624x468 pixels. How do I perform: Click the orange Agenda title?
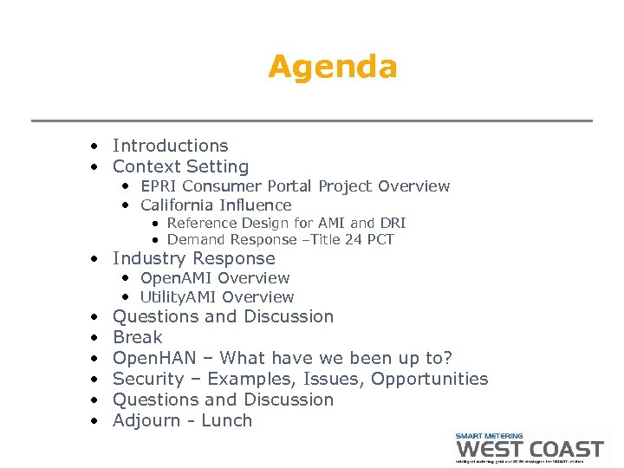pyautogui.click(x=332, y=67)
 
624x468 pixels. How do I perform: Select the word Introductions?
pyautogui.click(x=170, y=146)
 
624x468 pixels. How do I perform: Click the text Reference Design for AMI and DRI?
pyautogui.click(x=286, y=223)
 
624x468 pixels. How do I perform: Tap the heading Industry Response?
pyautogui.click(x=193, y=258)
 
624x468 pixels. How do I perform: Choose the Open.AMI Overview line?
pyautogui.click(x=215, y=278)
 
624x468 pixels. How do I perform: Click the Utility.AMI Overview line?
pyautogui.click(x=217, y=297)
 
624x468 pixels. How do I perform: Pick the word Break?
pyautogui.click(x=137, y=337)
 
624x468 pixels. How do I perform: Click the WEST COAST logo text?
pyautogui.click(x=530, y=449)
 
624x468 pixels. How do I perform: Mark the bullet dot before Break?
pyautogui.click(x=93, y=338)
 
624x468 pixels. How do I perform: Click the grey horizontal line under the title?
pyautogui.click(x=312, y=120)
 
